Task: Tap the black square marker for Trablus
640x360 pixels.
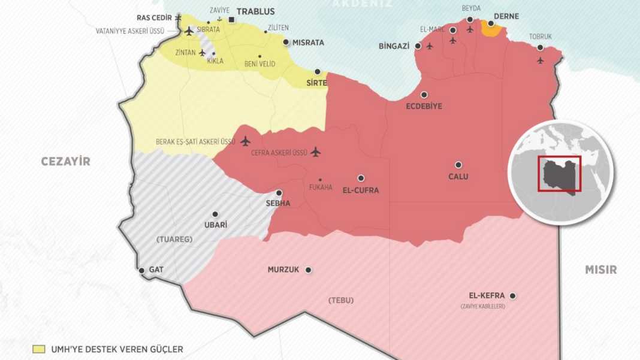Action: (232, 20)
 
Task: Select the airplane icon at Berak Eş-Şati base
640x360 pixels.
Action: (244, 141)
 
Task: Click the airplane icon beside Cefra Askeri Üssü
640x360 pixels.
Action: (316, 152)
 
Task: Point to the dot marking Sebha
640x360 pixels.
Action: (279, 193)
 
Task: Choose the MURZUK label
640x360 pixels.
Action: (283, 270)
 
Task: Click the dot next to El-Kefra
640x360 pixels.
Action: (513, 295)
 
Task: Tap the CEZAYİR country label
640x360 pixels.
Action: (65, 161)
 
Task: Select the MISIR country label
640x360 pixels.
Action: (600, 270)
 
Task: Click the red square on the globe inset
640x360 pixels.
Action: (559, 174)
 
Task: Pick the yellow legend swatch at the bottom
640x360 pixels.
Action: (39, 349)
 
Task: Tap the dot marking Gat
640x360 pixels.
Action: (141, 271)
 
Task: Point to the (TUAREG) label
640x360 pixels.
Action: (174, 240)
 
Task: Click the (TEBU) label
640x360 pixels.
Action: (342, 300)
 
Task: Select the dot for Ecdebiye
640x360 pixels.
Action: (424, 95)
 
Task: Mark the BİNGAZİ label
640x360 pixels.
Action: (394, 46)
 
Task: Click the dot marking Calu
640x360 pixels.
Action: (458, 165)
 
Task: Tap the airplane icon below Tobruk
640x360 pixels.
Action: (541, 60)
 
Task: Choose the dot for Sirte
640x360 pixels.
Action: (318, 71)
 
